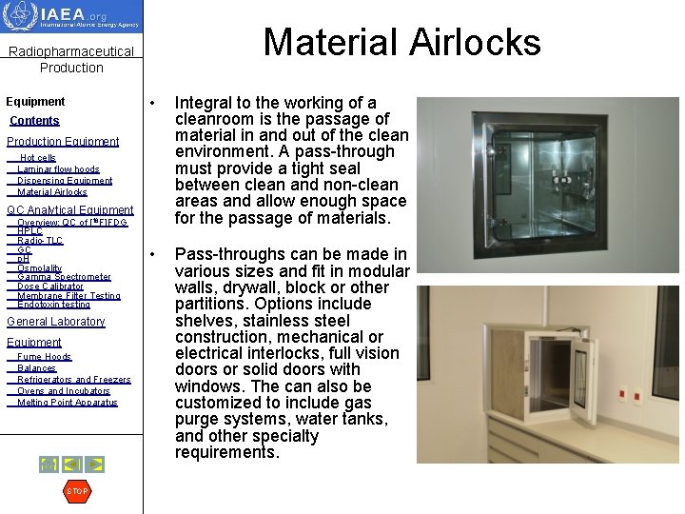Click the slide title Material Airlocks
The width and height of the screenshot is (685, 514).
tap(401, 42)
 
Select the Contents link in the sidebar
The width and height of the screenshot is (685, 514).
tap(34, 121)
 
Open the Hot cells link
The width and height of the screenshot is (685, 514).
tap(38, 158)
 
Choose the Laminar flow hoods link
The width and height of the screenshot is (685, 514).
tap(58, 169)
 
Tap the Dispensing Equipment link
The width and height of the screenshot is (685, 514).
tap(65, 181)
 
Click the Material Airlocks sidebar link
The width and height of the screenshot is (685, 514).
tap(52, 192)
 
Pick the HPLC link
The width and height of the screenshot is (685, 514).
tap(29, 231)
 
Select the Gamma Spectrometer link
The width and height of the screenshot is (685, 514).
tap(64, 277)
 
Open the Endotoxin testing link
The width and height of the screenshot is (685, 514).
tap(53, 305)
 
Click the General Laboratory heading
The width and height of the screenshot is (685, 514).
tap(55, 322)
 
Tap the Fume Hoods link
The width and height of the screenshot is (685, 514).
tap(44, 357)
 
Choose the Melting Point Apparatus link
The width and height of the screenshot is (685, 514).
tap(67, 403)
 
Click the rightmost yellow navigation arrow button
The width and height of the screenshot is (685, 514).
tap(95, 465)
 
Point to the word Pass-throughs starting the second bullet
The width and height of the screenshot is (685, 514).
tap(225, 255)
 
